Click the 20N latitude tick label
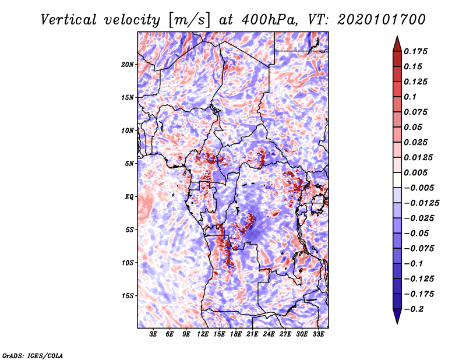(128, 64)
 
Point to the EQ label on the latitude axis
(129, 196)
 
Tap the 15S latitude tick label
(128, 295)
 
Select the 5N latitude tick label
(129, 164)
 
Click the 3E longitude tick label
(154, 334)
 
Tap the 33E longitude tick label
(319, 334)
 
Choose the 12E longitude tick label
(203, 334)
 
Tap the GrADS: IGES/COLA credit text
(32, 355)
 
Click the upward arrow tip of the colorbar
(397, 38)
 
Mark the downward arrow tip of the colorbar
(397, 322)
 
